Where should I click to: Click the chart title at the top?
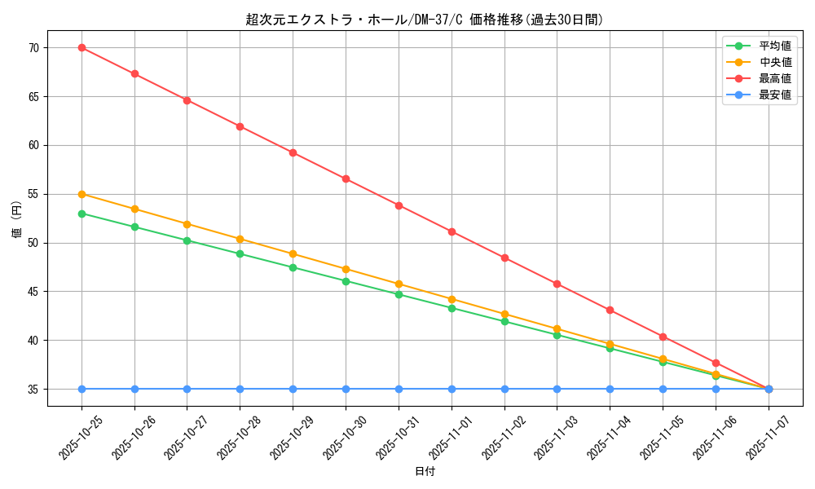point(425,20)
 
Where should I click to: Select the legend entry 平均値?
point(775,46)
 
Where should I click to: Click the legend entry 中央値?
point(775,63)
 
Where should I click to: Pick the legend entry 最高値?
point(775,79)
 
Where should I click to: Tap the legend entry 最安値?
point(775,95)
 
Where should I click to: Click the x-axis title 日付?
point(425,472)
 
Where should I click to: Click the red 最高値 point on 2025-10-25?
point(81,47)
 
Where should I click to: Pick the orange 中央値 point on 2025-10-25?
point(81,194)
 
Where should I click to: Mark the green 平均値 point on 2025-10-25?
point(81,214)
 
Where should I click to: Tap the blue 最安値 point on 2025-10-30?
point(346,389)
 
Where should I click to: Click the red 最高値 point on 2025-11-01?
point(452,231)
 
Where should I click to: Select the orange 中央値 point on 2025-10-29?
point(293,253)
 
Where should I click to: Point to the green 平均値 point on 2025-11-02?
point(504,321)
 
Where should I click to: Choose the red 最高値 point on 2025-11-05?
point(663,337)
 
